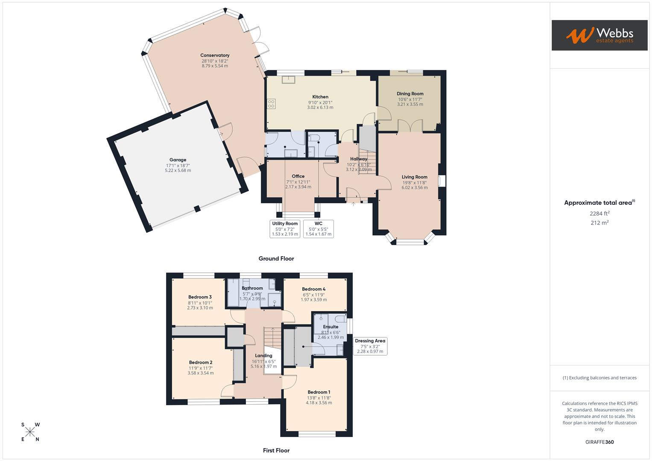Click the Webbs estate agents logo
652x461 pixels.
point(599,35)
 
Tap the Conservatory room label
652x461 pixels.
point(215,55)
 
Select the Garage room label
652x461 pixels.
point(178,160)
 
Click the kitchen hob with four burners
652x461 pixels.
point(271,103)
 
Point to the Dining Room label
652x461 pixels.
point(410,93)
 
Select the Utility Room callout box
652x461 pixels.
point(285,229)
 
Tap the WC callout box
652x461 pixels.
point(318,229)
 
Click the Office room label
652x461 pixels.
point(298,176)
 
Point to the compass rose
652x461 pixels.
point(30,432)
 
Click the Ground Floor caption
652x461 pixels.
point(276,258)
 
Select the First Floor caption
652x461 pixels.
point(276,450)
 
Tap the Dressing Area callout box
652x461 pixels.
point(370,346)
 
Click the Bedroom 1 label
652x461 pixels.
point(319,392)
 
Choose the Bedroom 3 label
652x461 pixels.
point(200,297)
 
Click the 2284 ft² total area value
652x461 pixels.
point(599,213)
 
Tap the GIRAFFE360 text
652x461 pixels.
point(599,442)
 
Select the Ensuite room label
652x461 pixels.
point(330,327)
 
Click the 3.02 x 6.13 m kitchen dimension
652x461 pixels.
point(320,108)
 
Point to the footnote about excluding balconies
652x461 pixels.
point(599,378)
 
